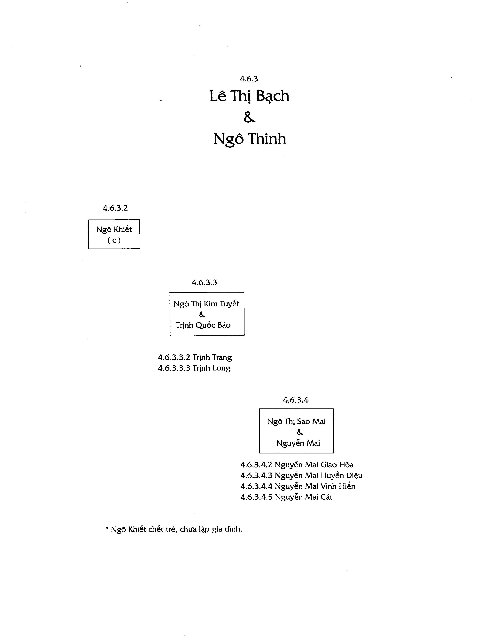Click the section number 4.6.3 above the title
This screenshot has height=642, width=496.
[249, 79]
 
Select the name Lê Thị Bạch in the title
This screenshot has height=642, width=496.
[249, 96]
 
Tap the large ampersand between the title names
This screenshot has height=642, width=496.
[250, 117]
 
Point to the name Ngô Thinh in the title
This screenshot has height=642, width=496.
[250, 139]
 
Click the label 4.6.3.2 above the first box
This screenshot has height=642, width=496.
[115, 208]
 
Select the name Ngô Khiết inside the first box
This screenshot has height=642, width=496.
[114, 229]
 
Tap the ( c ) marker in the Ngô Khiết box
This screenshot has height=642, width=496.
[114, 240]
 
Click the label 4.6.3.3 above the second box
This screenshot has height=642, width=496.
[205, 282]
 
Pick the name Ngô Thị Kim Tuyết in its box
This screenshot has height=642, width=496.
[206, 304]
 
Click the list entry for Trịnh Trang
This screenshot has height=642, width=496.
[195, 357]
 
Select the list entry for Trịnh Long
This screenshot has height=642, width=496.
[194, 368]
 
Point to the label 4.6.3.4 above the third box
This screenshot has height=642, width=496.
[296, 400]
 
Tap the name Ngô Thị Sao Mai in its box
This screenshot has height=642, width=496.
[296, 422]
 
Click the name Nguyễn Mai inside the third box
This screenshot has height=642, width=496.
[298, 443]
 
